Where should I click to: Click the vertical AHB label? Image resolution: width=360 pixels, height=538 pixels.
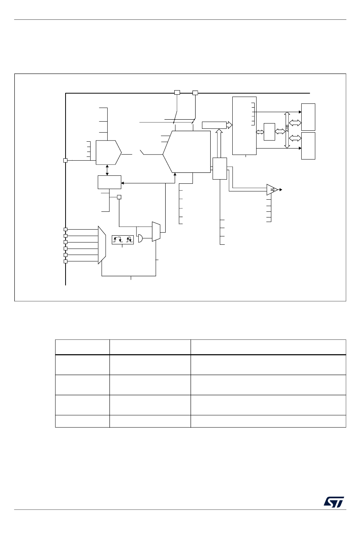point(287,128)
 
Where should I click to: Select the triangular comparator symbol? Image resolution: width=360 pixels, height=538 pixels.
point(272,190)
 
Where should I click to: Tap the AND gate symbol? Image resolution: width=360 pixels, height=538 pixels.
point(140,238)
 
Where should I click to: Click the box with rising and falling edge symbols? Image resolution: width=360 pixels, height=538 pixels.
point(123,240)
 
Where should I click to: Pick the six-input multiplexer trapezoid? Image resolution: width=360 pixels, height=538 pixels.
point(102,245)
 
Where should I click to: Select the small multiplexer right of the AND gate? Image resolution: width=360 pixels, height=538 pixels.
point(156,231)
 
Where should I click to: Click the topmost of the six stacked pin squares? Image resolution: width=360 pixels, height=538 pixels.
point(65,229)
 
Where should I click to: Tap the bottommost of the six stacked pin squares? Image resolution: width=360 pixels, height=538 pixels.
point(65,261)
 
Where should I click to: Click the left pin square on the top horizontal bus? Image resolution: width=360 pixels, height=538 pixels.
point(177,92)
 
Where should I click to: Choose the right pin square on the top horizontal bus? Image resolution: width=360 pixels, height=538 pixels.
point(195,93)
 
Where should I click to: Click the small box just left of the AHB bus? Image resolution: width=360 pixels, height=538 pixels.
point(269,132)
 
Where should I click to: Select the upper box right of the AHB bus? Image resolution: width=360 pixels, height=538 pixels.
point(308,117)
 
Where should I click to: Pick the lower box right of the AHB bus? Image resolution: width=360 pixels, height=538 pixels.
point(308,146)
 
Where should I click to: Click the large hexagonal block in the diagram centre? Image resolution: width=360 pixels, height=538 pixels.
point(186,152)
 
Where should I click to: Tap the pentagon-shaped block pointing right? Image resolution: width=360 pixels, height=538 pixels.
point(108,153)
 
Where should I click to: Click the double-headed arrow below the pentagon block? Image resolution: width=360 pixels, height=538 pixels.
point(107,170)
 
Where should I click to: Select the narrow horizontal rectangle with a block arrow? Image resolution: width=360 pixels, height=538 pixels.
point(214,125)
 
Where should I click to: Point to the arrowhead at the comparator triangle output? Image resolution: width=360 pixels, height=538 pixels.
point(281,190)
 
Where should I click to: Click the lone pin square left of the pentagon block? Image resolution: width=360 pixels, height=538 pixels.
point(65,160)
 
